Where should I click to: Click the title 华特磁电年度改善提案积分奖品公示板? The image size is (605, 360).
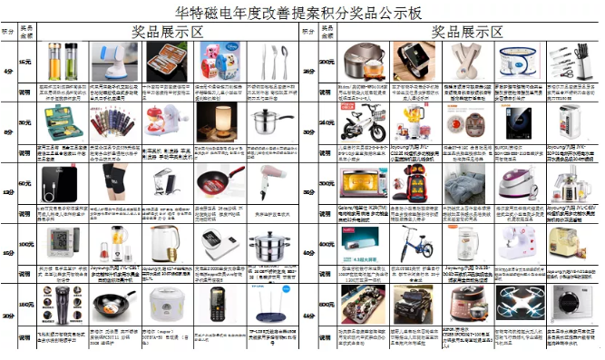pos(301,12)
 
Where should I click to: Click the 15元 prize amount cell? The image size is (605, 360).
pos(25,60)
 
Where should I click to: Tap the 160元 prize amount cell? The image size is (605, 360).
pos(25,304)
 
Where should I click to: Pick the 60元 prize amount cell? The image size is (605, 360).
pos(25,182)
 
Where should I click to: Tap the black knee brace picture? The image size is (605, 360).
pos(116,180)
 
